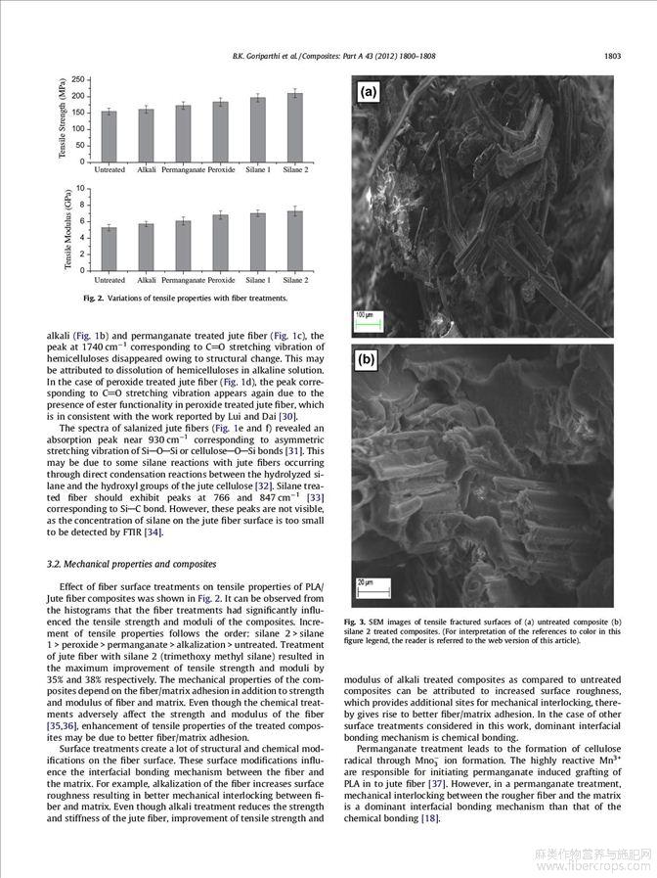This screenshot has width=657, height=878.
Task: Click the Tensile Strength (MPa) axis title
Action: [62, 120]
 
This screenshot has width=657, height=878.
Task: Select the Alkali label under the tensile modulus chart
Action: [147, 280]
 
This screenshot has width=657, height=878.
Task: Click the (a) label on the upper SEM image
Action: [369, 92]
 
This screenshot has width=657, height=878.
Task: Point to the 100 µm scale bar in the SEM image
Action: [363, 317]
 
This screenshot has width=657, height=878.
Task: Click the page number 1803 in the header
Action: [612, 56]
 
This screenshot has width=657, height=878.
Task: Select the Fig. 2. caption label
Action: [93, 298]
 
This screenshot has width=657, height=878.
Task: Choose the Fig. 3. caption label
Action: [355, 621]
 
